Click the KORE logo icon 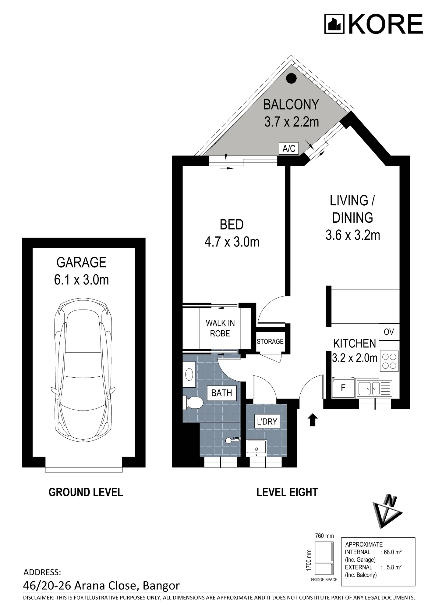coord(334,24)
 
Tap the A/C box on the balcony coord(289,149)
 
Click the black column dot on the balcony coord(292,78)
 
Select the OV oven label coord(389,332)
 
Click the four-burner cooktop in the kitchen coord(389,361)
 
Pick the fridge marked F coord(343,388)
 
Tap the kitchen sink coord(374,388)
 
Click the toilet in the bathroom coord(193,403)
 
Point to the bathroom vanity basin coord(189,374)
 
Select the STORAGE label coord(270,342)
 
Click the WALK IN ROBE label coord(220,328)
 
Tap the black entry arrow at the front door coord(313,420)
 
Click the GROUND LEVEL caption coord(86,492)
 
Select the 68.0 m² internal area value coord(393,552)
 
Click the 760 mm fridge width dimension coord(324,536)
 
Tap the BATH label coord(222,393)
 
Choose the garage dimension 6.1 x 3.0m coord(81,280)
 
